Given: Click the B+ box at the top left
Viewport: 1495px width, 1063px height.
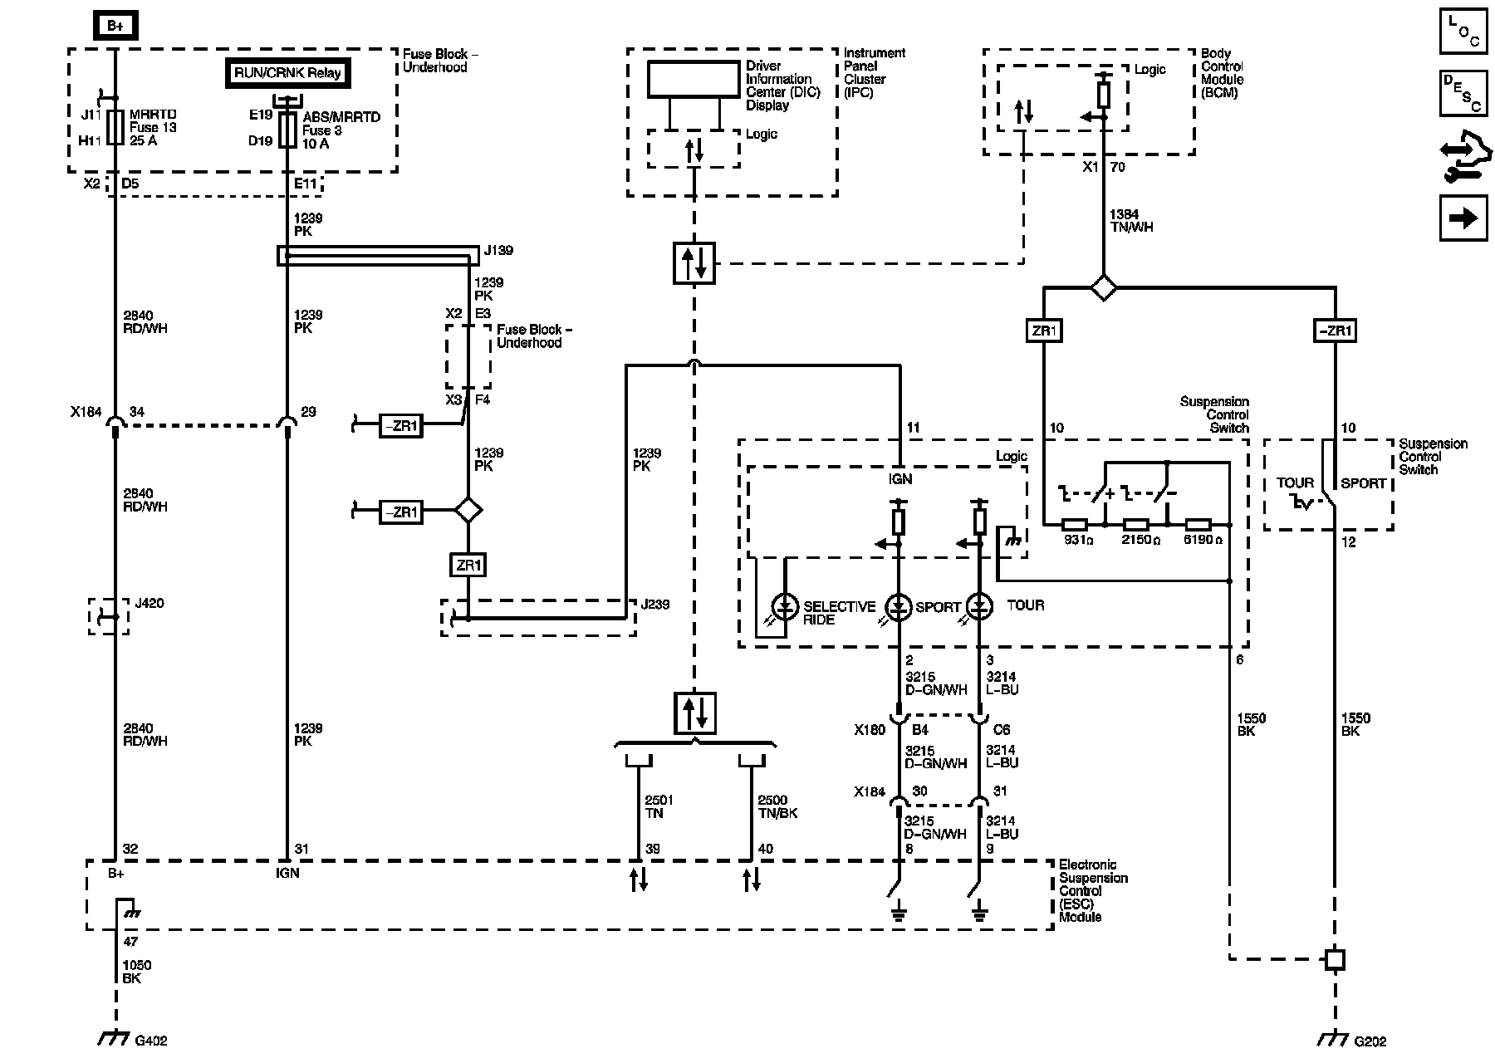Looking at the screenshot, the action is click(x=115, y=26).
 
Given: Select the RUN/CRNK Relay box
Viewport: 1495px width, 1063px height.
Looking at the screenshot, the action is click(x=287, y=72).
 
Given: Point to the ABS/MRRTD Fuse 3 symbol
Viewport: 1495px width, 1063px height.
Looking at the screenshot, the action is click(x=287, y=130).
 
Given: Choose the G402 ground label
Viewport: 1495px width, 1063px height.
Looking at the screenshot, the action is click(x=151, y=1041).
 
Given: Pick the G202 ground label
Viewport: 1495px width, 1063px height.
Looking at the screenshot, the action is click(x=1370, y=1041).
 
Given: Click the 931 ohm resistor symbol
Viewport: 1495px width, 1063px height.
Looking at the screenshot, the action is click(x=1075, y=525).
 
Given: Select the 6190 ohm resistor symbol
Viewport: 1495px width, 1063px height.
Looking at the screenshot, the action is click(x=1198, y=525).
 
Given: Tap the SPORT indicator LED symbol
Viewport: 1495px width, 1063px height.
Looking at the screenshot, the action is click(x=899, y=606).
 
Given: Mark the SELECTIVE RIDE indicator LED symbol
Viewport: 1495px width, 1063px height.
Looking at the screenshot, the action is click(x=785, y=606).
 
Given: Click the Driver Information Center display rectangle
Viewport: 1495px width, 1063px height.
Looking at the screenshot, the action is click(x=694, y=79).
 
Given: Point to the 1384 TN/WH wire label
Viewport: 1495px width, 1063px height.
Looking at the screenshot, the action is click(x=1131, y=221).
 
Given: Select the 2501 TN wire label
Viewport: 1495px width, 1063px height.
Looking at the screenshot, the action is click(x=659, y=806).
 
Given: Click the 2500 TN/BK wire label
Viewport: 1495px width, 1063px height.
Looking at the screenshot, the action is click(x=777, y=806).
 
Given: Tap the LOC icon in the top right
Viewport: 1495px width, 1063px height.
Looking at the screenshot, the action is click(x=1463, y=32).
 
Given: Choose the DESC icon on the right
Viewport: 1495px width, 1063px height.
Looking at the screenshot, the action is click(x=1463, y=92).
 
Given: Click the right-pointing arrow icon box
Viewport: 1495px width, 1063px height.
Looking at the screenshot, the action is click(x=1463, y=218).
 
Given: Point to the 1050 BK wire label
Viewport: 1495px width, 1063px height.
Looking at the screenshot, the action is click(x=137, y=972).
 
